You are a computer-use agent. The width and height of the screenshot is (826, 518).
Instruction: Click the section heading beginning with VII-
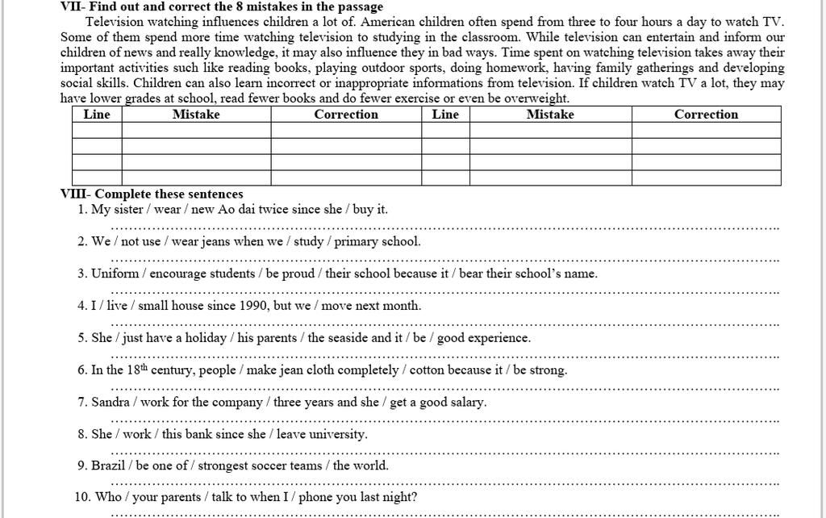click(x=222, y=6)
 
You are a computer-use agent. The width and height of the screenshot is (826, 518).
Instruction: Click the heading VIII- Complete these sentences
click(x=152, y=194)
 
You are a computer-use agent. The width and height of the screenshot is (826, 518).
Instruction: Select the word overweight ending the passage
click(x=536, y=98)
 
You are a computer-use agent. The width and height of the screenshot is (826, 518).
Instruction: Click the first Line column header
click(x=97, y=115)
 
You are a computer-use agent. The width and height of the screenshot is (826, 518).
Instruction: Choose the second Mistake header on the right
click(x=550, y=115)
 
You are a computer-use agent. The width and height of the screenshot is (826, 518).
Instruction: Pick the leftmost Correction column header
click(x=346, y=115)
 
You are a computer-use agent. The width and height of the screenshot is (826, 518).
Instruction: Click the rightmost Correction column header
click(x=706, y=115)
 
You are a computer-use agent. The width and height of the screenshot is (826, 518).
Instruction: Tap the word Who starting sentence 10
click(x=108, y=497)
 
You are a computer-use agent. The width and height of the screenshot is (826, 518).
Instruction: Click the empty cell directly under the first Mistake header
click(x=196, y=130)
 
